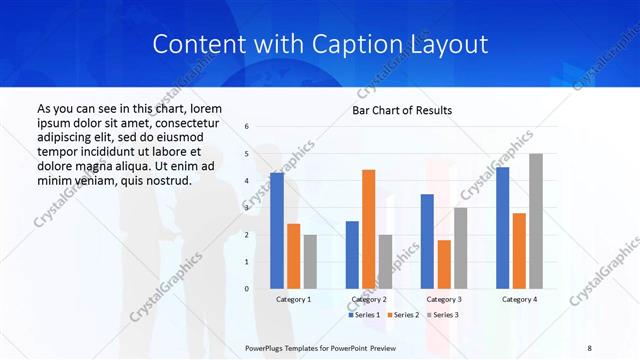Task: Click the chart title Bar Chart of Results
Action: (402, 110)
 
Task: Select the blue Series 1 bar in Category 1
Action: (276, 230)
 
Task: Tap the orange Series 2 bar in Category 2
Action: (368, 229)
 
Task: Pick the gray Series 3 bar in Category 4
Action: (536, 221)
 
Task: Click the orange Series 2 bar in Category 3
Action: (444, 264)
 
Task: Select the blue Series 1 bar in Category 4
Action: (502, 227)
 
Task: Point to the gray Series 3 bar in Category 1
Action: (310, 261)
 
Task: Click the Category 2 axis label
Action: (368, 299)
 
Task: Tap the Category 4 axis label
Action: (519, 299)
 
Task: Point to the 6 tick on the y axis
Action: (247, 127)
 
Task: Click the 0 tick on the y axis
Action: (247, 288)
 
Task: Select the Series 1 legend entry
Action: (364, 315)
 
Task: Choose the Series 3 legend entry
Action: (444, 315)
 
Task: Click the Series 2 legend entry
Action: (404, 315)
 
